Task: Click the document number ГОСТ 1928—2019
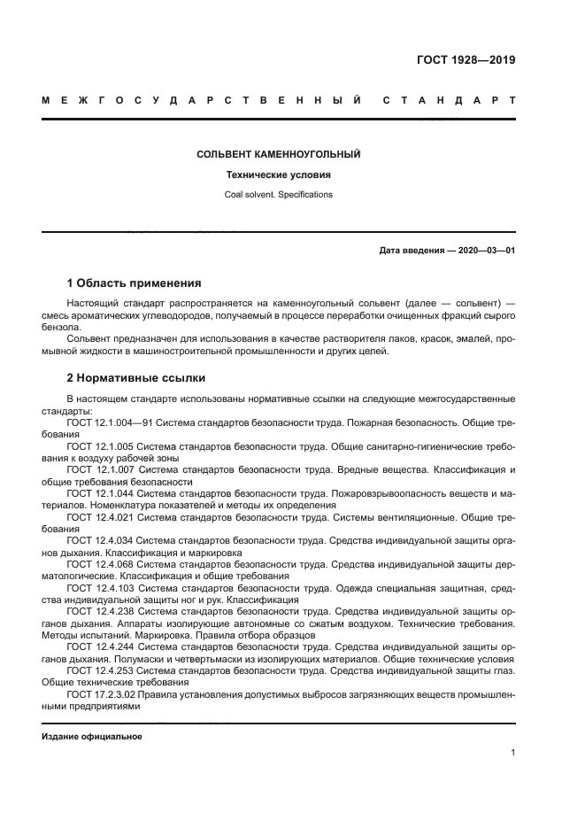click(x=466, y=60)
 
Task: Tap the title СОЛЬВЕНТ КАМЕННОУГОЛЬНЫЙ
click(x=278, y=154)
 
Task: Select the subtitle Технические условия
click(x=278, y=174)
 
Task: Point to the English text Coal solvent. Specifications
click(x=278, y=194)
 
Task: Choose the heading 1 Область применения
click(x=134, y=283)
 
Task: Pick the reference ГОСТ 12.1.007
click(x=101, y=469)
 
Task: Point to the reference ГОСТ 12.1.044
click(x=101, y=492)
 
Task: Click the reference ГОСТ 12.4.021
click(x=101, y=515)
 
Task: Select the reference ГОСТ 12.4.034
click(x=101, y=538)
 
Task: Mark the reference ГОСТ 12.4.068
click(x=101, y=561)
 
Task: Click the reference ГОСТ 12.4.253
click(x=101, y=670)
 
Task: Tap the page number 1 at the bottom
click(x=512, y=753)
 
